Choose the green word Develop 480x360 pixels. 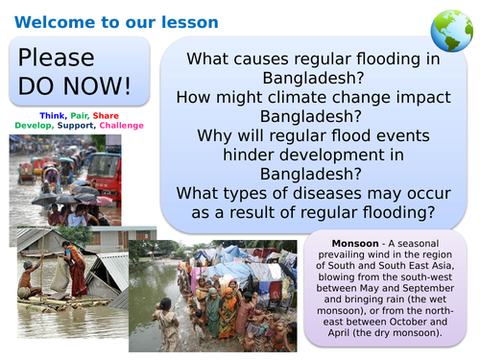(37, 125)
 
